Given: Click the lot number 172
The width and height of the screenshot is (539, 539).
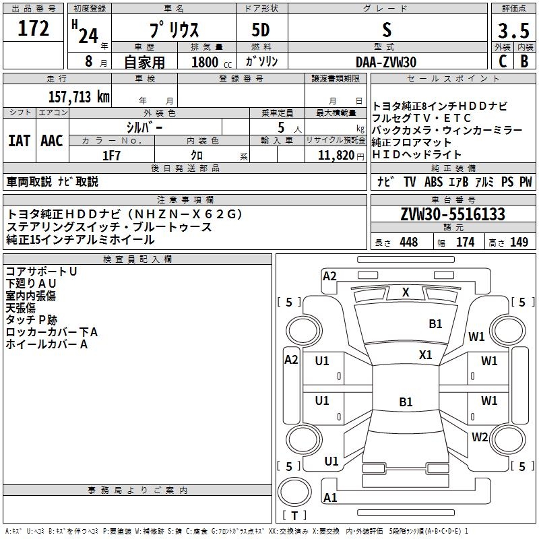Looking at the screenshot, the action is (x=34, y=29).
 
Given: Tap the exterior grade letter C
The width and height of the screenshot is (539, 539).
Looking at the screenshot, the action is (x=502, y=61).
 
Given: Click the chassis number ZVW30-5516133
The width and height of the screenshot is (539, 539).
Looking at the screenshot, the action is (x=453, y=214).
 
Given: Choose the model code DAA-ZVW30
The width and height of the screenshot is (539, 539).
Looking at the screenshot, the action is (x=386, y=62).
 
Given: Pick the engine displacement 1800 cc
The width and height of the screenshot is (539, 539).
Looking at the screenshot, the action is (x=205, y=62).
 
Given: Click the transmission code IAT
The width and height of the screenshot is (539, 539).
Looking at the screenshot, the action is (x=19, y=141).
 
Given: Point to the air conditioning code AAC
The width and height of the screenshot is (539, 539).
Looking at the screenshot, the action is (x=52, y=141).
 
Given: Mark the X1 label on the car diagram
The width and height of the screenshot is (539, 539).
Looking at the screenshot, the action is (x=425, y=354).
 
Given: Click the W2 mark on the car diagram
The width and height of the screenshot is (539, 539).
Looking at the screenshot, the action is (x=479, y=437).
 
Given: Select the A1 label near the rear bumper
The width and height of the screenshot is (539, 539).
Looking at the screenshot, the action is (x=330, y=497).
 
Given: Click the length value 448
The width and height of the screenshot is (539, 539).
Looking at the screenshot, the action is (x=408, y=242).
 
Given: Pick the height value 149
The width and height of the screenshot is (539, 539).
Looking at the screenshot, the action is (x=519, y=242).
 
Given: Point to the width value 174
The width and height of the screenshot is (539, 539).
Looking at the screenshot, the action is (x=465, y=242).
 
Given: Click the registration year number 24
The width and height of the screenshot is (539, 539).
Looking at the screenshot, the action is (x=88, y=35).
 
